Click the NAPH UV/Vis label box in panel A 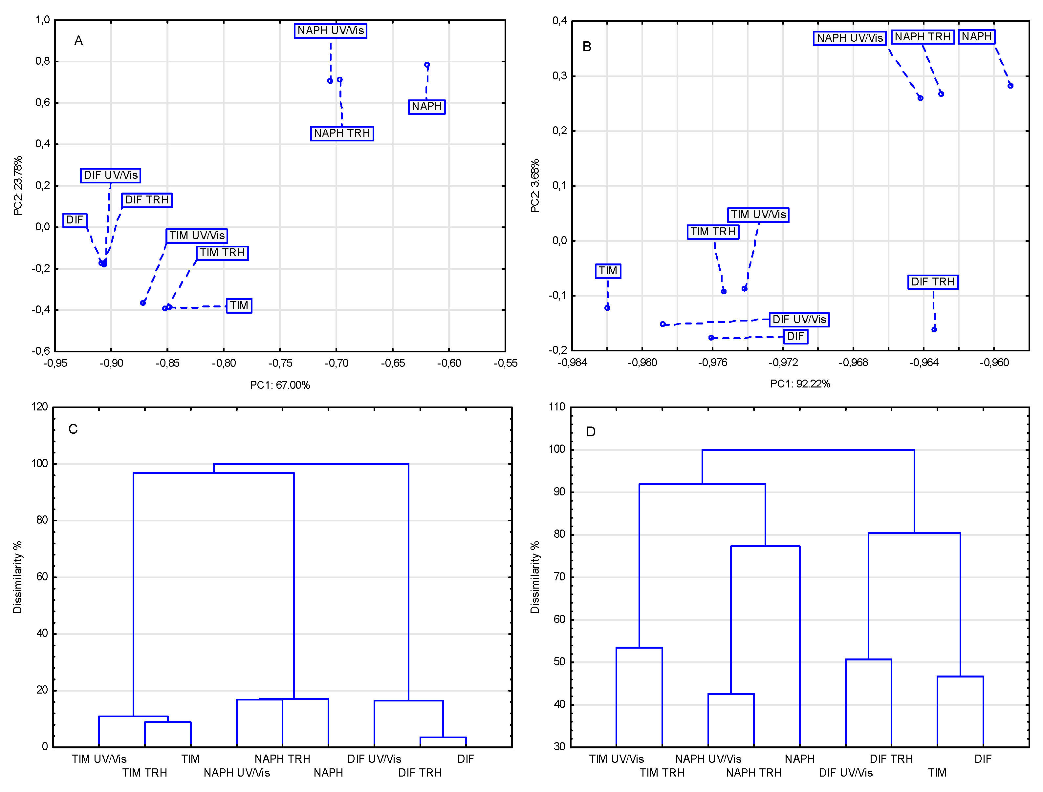[x=330, y=31]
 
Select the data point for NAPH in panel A [x=426, y=65]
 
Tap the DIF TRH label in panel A [x=147, y=200]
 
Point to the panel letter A [x=78, y=41]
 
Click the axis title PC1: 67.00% [x=280, y=385]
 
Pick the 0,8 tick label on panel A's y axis [x=42, y=61]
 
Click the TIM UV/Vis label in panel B [x=758, y=215]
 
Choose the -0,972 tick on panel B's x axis [x=783, y=363]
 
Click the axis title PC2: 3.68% [x=534, y=186]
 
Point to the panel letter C [x=73, y=429]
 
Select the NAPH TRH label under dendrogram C [x=282, y=759]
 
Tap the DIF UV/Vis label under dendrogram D [x=845, y=773]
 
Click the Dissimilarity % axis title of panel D [x=534, y=577]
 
